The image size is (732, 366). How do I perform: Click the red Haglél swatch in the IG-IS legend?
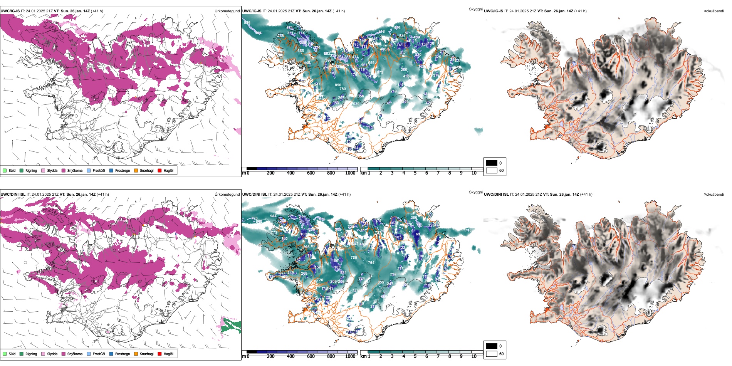coord(160,170)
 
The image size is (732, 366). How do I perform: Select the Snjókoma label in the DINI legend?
coord(75,354)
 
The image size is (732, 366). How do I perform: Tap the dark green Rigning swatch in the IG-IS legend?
coord(22,170)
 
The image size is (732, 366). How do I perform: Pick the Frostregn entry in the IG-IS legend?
coord(122,170)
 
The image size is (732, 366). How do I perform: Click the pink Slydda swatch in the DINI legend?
coord(43,354)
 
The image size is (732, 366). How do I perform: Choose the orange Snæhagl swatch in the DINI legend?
coord(136,354)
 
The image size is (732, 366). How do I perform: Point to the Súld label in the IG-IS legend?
coord(12,170)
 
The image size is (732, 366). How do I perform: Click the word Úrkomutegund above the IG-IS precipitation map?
coord(227,11)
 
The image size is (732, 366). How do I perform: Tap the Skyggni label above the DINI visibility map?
coord(475,192)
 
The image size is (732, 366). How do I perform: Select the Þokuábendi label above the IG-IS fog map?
coord(714,11)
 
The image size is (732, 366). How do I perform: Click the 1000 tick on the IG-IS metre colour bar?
coord(350,173)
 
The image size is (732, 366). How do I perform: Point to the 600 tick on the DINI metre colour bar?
coord(311,356)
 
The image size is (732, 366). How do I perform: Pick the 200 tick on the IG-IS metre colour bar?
coord(270,173)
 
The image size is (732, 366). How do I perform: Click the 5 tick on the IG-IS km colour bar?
coord(415,173)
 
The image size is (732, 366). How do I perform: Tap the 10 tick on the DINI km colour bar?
coord(474,356)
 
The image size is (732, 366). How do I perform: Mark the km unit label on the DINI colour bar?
coord(363,356)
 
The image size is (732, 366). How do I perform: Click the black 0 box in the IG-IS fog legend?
coord(492,163)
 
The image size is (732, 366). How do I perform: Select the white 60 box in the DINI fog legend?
coord(492,354)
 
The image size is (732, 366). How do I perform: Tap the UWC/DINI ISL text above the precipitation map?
coord(13,195)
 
